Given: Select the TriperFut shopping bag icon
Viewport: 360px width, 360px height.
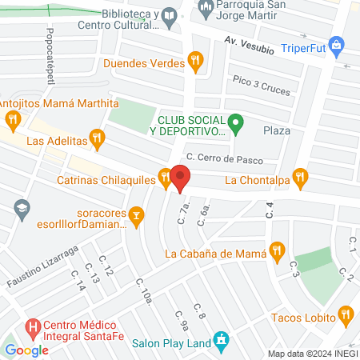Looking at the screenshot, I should click(x=337, y=45).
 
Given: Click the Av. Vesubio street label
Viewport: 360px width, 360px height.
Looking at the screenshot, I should click(x=249, y=45).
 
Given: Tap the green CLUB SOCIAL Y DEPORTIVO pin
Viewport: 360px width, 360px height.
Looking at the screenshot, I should click(x=235, y=123).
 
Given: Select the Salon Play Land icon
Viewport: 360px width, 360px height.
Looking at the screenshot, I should click(x=222, y=341).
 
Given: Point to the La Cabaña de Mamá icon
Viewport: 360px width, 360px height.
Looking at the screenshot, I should click(x=277, y=250).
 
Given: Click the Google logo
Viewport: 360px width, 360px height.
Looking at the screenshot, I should click(x=26, y=350).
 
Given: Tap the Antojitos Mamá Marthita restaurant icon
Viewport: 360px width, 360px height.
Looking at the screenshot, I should click(x=12, y=121).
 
